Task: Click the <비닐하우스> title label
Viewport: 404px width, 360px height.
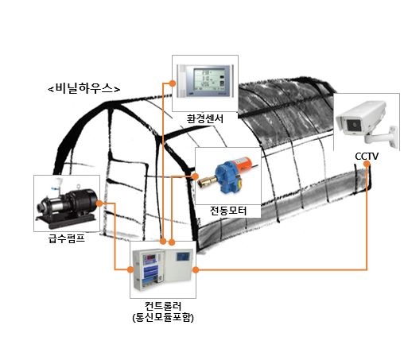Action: [x=84, y=88]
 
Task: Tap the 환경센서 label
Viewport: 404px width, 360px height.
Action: [x=205, y=118]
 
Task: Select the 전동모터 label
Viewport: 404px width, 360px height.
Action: [x=228, y=211]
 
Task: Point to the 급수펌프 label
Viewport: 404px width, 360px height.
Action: [x=67, y=238]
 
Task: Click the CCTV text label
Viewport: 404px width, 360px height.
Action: [x=367, y=157]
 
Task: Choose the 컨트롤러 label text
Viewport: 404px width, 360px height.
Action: [x=163, y=306]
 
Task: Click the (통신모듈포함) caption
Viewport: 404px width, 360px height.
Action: [x=163, y=317]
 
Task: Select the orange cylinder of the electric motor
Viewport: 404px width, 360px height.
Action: [x=244, y=163]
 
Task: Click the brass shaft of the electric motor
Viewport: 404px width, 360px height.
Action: [x=207, y=181]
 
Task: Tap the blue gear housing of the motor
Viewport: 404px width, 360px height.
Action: [x=227, y=176]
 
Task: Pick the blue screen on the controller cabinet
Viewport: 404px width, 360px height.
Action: [x=184, y=257]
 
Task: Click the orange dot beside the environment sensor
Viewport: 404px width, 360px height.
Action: [x=173, y=83]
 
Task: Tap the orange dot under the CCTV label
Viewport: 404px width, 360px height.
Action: [x=367, y=164]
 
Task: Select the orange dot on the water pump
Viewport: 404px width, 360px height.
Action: [x=99, y=203]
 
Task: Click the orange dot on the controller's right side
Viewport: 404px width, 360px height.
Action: [x=196, y=270]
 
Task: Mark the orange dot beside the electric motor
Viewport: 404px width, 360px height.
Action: [x=196, y=176]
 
